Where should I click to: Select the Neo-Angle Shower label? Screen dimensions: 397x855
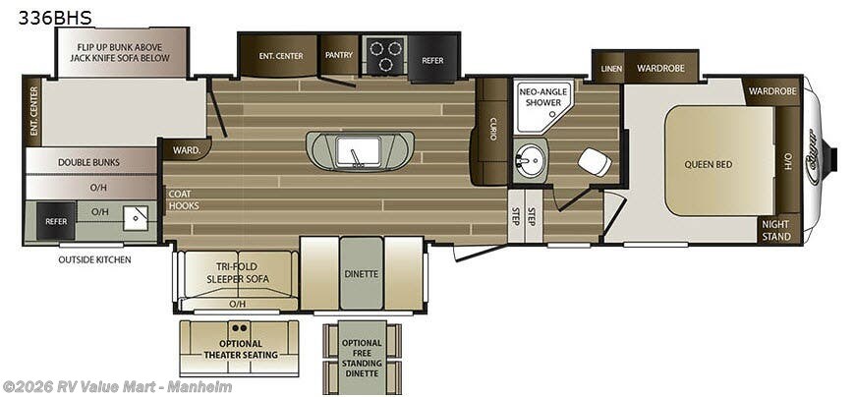coord(541,96)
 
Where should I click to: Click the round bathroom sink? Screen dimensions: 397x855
coord(532,159)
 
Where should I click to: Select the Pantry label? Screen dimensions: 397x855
coord(339,55)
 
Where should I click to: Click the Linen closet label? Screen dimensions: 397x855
coord(611,69)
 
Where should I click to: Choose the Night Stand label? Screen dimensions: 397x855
coord(775,230)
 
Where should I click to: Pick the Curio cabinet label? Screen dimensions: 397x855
coord(492,129)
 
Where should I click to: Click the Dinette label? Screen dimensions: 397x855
coord(361,273)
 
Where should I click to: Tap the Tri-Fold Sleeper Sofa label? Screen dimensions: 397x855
coord(237,272)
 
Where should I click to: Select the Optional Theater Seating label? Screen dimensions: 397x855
coord(239,348)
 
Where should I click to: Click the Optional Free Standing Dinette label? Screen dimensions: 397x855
coord(361,353)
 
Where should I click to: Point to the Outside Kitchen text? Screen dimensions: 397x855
coord(93,259)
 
